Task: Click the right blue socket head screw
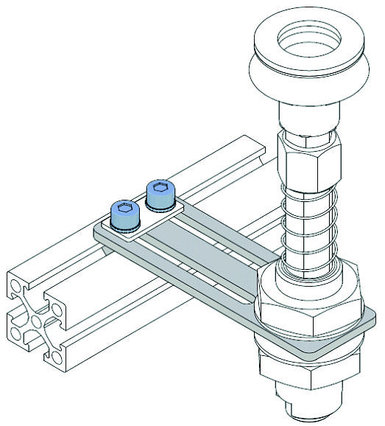[x=160, y=195]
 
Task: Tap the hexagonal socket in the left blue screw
[x=124, y=209]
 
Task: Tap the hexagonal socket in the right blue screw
[x=160, y=188]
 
